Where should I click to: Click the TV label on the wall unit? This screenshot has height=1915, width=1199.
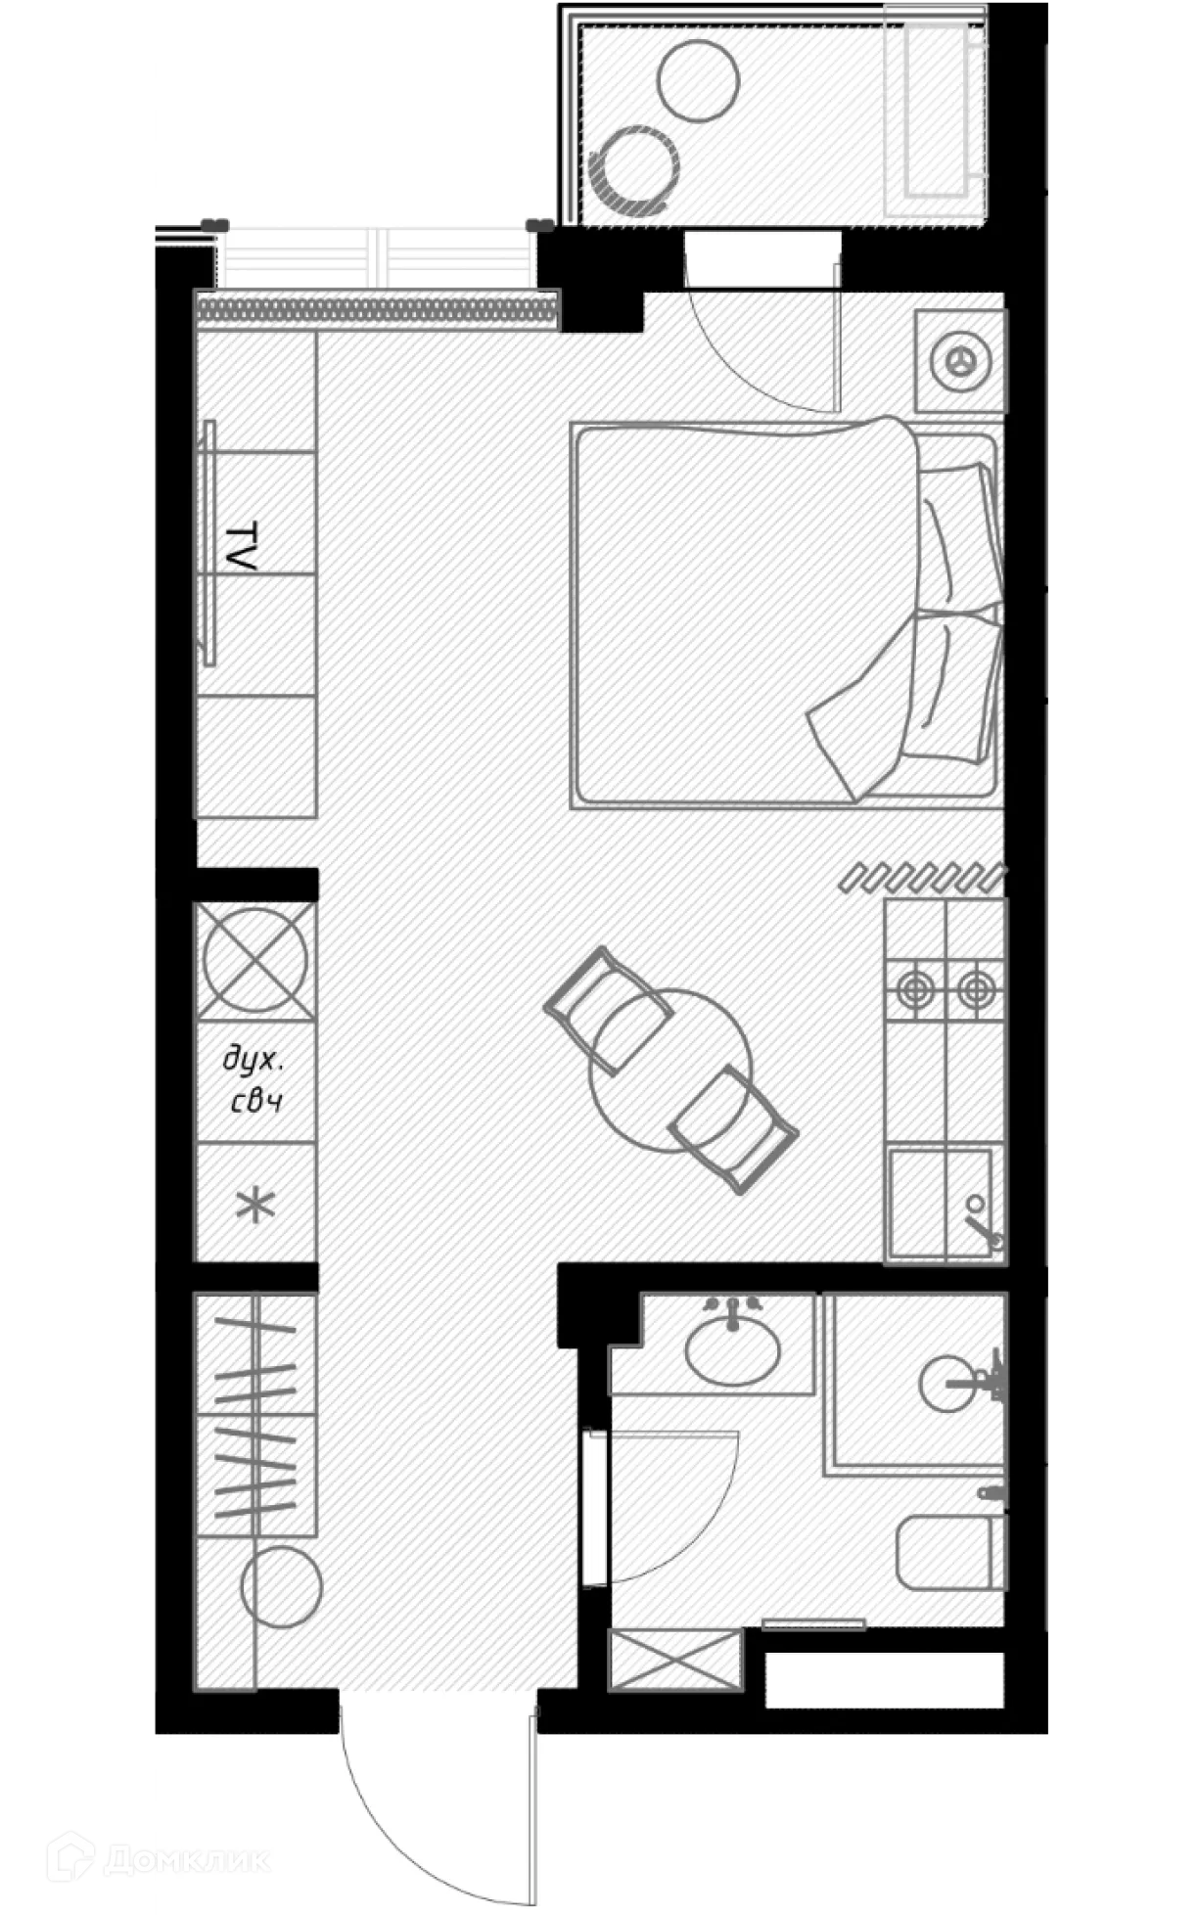tap(241, 547)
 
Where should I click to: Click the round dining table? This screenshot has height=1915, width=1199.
tap(670, 1070)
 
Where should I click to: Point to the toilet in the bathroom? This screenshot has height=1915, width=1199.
tap(950, 1554)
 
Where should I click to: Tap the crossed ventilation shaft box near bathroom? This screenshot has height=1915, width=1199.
tap(674, 1660)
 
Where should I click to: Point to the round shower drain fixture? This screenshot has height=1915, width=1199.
tap(949, 1383)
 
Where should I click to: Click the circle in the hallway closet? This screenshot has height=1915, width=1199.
tap(282, 1587)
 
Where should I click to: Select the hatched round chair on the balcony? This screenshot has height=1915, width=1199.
tap(636, 170)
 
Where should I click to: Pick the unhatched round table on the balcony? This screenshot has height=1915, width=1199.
tap(698, 80)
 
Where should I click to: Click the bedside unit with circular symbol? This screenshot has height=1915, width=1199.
tap(959, 361)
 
